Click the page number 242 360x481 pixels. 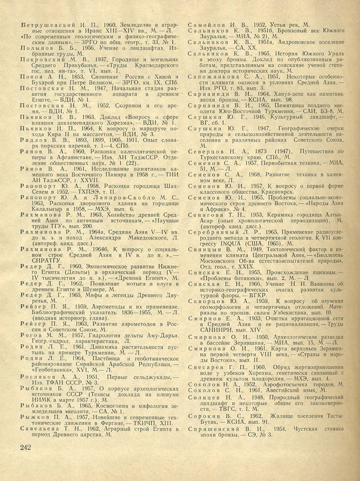(x=27, y=461)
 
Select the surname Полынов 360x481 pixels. (x=37, y=48)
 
